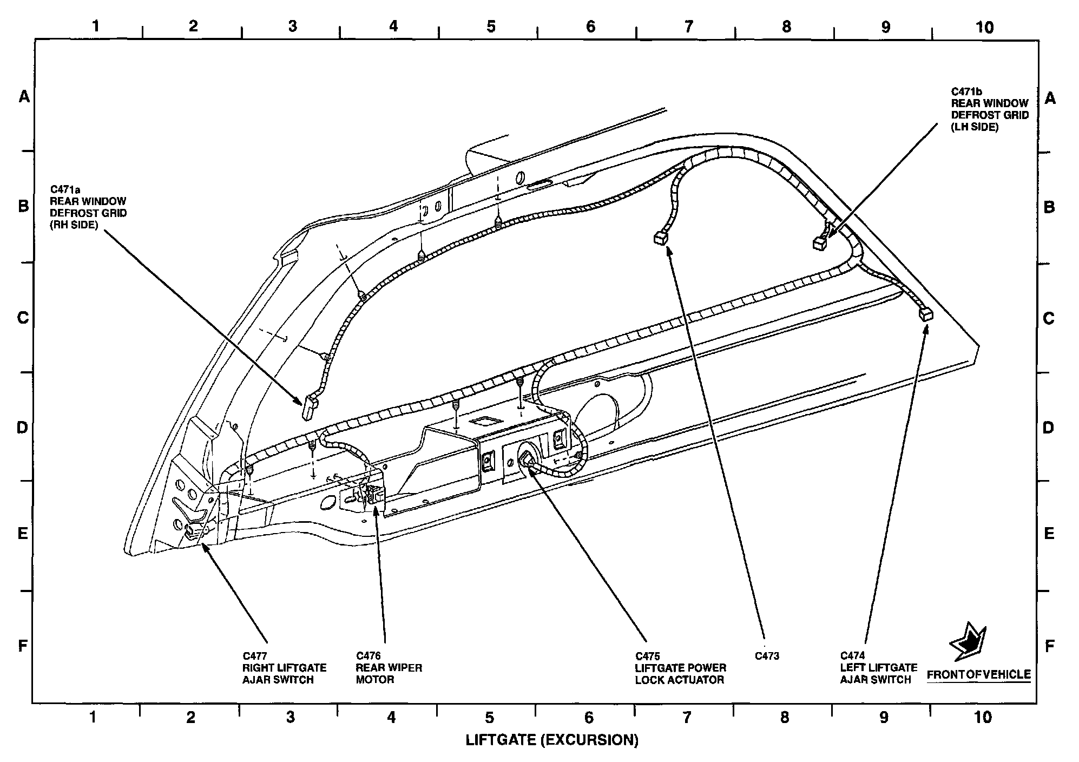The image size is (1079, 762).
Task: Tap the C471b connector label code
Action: tap(967, 91)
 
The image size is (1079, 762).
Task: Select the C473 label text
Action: tap(767, 656)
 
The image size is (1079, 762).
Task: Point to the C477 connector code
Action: tap(254, 656)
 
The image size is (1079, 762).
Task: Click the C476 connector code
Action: tap(368, 656)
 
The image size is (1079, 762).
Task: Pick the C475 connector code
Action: tap(647, 656)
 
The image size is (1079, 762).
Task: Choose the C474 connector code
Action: tap(852, 656)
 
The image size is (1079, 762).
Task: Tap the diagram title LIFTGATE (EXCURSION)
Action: tap(552, 740)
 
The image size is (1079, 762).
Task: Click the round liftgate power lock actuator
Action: tap(527, 460)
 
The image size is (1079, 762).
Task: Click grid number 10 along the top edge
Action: tap(985, 27)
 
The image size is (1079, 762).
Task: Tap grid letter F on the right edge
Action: tap(1049, 646)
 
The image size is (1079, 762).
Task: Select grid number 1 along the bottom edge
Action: tap(93, 718)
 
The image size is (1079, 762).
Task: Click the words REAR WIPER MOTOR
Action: tap(389, 674)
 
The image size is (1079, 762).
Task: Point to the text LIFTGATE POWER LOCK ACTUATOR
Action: tap(680, 674)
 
